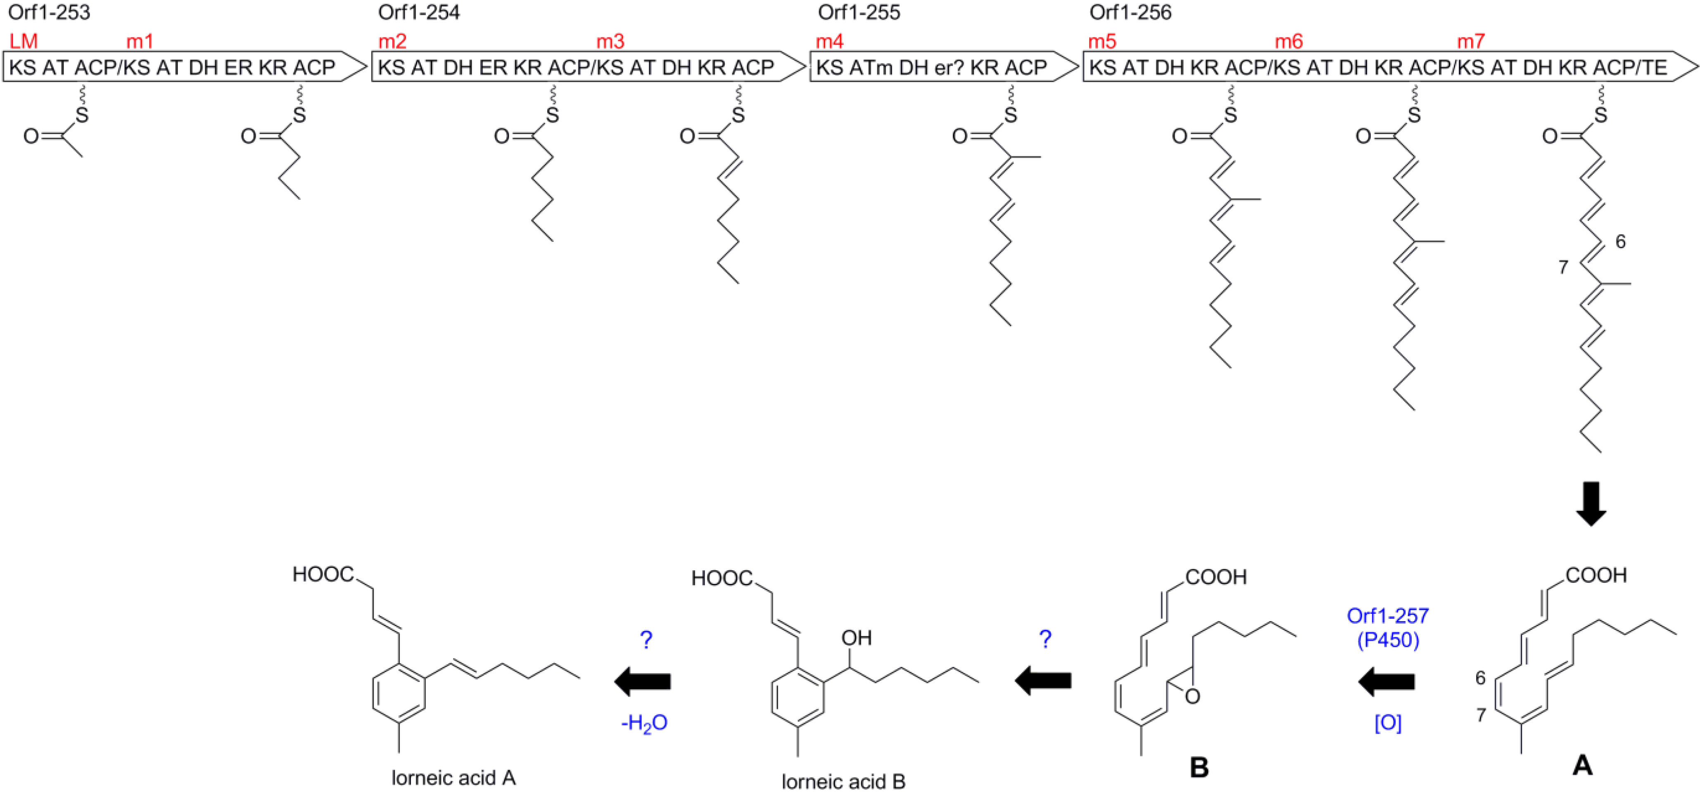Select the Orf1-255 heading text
pos(859,12)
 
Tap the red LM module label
pos(24,42)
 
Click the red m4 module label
pos(829,42)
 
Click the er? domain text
pos(949,67)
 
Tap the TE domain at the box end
pos(1655,67)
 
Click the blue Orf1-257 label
pos(1388,616)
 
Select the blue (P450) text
pos(1388,640)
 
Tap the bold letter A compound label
pos(1583,766)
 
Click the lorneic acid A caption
pos(453,778)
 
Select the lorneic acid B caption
pos(843,781)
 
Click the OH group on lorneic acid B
pos(857,638)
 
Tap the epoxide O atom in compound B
pos(1192,696)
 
